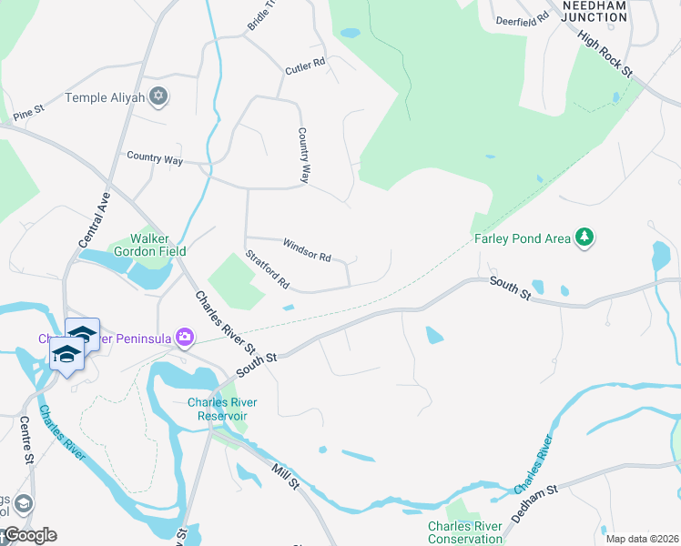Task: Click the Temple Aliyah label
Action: coord(106,96)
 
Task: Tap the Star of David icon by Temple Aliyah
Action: coord(159,96)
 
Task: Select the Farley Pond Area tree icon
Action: coord(584,238)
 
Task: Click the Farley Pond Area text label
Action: coord(522,239)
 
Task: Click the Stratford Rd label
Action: coord(267,270)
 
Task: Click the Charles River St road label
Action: coord(224,321)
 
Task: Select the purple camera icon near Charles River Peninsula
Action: coord(186,338)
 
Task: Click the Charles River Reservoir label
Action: coord(222,409)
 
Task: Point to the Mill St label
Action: coord(285,475)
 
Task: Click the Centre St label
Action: coord(26,442)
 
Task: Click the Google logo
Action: coord(29,535)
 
